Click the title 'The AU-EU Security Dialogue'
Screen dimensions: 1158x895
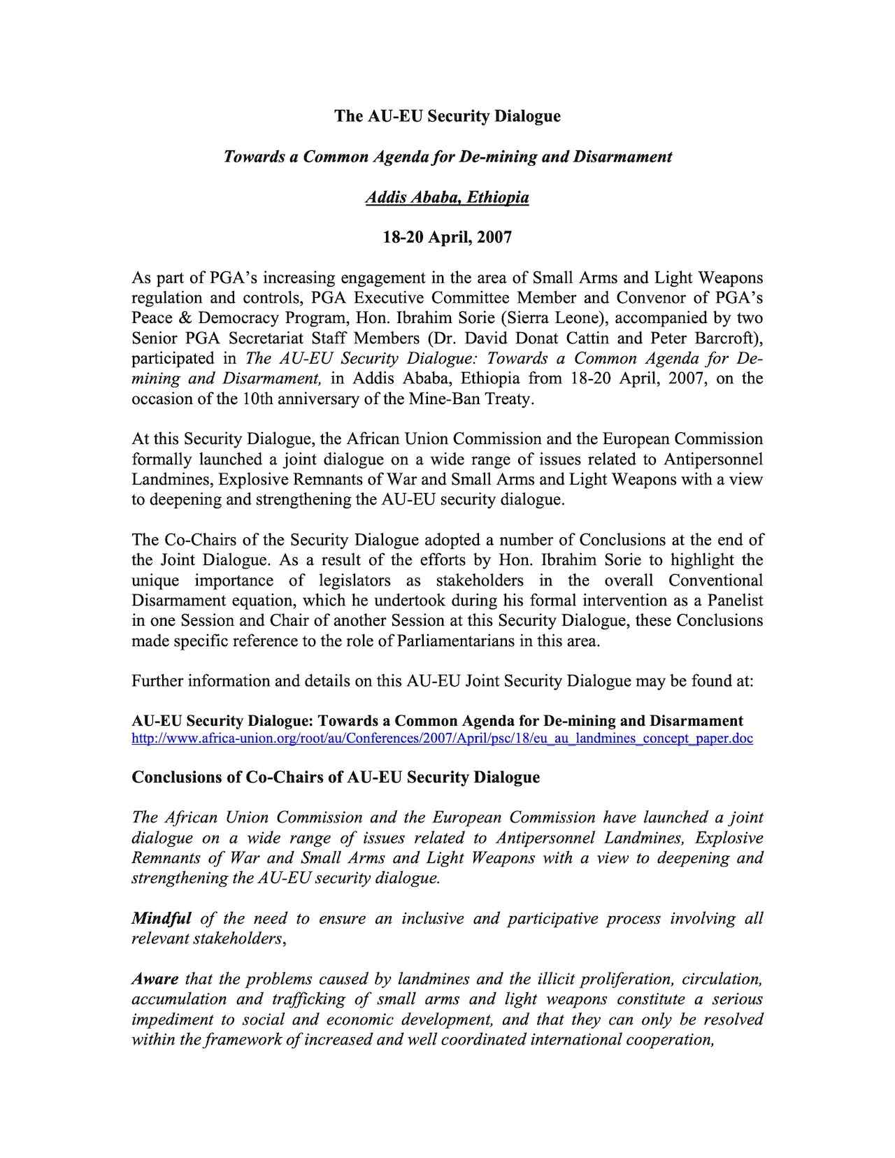[447, 116]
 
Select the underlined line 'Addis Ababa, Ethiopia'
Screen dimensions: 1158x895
[447, 197]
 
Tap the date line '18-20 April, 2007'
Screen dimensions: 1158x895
[447, 238]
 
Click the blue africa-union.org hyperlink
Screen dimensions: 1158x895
[442, 738]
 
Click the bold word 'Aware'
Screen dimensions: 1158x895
[155, 979]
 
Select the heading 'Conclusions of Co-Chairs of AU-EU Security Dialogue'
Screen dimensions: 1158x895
[336, 778]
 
